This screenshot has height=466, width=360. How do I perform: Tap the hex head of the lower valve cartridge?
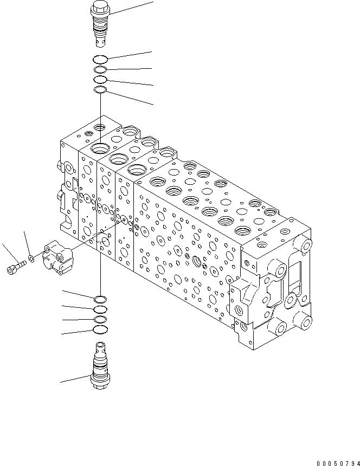point(101,384)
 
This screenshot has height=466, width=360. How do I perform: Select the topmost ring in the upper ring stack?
point(101,59)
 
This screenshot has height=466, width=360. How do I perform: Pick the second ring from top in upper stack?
point(101,70)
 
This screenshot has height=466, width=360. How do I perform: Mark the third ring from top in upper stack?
point(101,80)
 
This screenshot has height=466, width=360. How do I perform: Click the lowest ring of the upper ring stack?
point(101,90)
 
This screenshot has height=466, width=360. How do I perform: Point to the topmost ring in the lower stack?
point(101,299)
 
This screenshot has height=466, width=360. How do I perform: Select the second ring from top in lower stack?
point(101,309)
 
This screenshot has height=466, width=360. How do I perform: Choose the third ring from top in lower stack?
point(101,319)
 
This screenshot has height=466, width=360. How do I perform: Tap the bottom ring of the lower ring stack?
point(101,329)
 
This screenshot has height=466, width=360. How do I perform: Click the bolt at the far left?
point(16,267)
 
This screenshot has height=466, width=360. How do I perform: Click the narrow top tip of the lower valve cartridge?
point(101,347)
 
